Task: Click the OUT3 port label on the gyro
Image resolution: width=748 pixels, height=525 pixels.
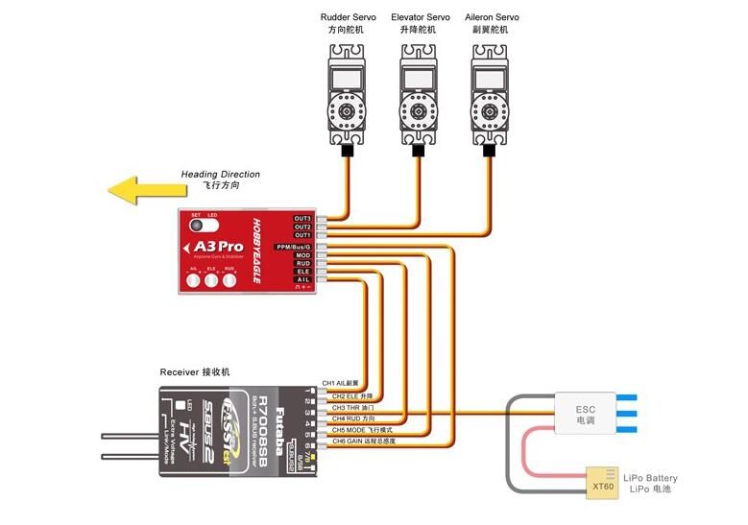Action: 302,219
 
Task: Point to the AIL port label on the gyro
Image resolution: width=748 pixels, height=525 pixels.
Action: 302,279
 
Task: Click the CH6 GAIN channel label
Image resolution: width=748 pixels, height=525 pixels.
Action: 363,441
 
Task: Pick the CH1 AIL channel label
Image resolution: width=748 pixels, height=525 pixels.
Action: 340,382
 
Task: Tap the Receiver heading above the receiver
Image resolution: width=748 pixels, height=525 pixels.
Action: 195,371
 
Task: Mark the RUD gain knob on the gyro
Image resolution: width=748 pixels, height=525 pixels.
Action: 229,279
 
